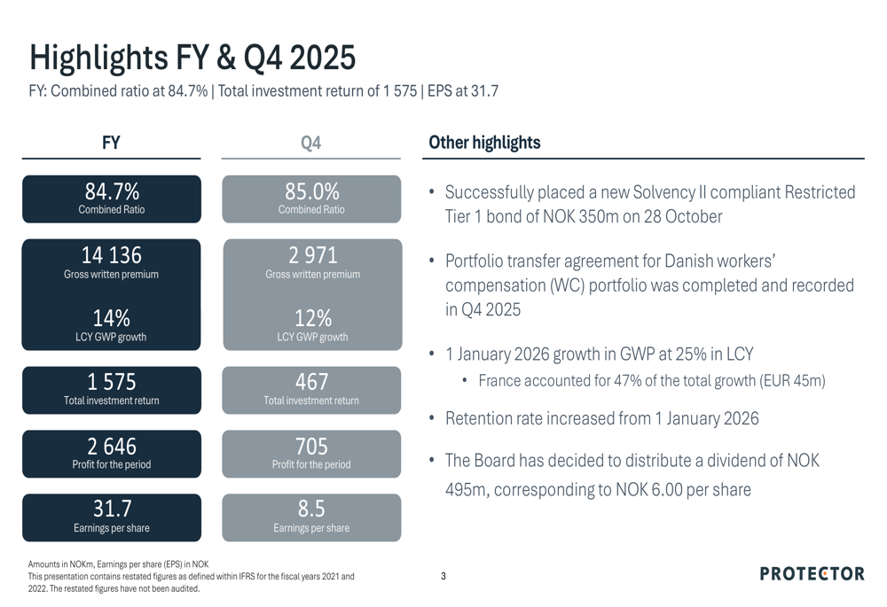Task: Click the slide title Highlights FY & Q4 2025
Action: pyautogui.click(x=192, y=57)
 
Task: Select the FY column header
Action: pyautogui.click(x=111, y=143)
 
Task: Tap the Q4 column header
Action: pyautogui.click(x=310, y=143)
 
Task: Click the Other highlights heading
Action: pyautogui.click(x=484, y=143)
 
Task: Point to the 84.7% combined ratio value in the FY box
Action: pyautogui.click(x=112, y=191)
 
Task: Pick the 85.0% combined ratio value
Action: pyautogui.click(x=311, y=191)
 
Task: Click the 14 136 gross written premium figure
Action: pyautogui.click(x=112, y=255)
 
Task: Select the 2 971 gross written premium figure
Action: pyautogui.click(x=312, y=255)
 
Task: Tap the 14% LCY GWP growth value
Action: pyautogui.click(x=112, y=318)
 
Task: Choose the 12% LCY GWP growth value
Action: pyautogui.click(x=312, y=318)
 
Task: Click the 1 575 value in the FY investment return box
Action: pyautogui.click(x=112, y=382)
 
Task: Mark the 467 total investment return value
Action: pyautogui.click(x=311, y=382)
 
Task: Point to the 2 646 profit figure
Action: pyautogui.click(x=112, y=446)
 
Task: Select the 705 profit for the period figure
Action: pyautogui.click(x=311, y=446)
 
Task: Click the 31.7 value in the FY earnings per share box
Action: pyautogui.click(x=112, y=509)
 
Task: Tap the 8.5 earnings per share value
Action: pyautogui.click(x=311, y=509)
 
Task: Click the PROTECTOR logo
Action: pyautogui.click(x=812, y=574)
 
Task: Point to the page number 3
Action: pyautogui.click(x=443, y=577)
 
